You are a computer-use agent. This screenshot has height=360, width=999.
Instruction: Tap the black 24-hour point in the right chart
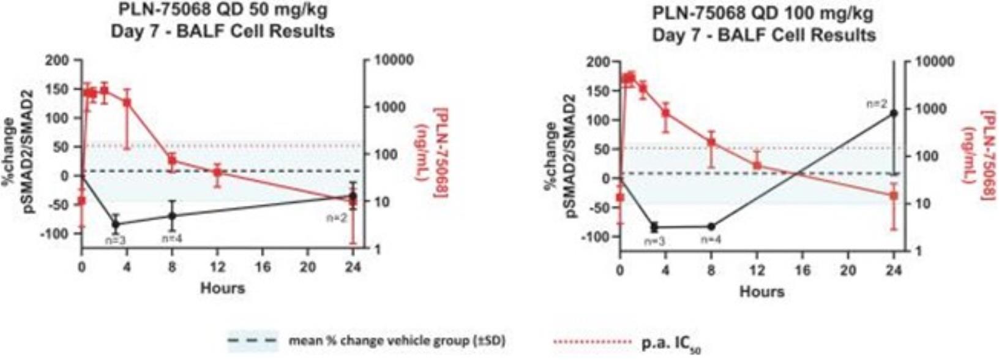pyautogui.click(x=894, y=113)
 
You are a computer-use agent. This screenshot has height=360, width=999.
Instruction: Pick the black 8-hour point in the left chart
pyautogui.click(x=173, y=216)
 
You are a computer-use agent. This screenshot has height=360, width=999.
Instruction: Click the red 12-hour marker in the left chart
pyautogui.click(x=217, y=172)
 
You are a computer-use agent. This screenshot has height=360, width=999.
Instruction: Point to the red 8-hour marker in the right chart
pyautogui.click(x=711, y=143)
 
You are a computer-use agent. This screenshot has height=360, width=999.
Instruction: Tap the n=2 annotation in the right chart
pyautogui.click(x=877, y=104)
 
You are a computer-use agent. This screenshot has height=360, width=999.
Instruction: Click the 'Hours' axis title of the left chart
pyautogui.click(x=222, y=288)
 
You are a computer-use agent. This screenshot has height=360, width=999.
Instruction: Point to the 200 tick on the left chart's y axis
pyautogui.click(x=63, y=61)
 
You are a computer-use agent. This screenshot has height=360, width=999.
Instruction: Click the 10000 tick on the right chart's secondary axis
pyautogui.click(x=934, y=61)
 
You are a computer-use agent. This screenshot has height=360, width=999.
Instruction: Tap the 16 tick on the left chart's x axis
pyautogui.click(x=263, y=268)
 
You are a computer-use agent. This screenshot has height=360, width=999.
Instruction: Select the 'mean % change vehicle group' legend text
pyautogui.click(x=397, y=340)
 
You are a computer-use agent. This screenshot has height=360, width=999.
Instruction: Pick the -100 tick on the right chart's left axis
pyautogui.click(x=597, y=237)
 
